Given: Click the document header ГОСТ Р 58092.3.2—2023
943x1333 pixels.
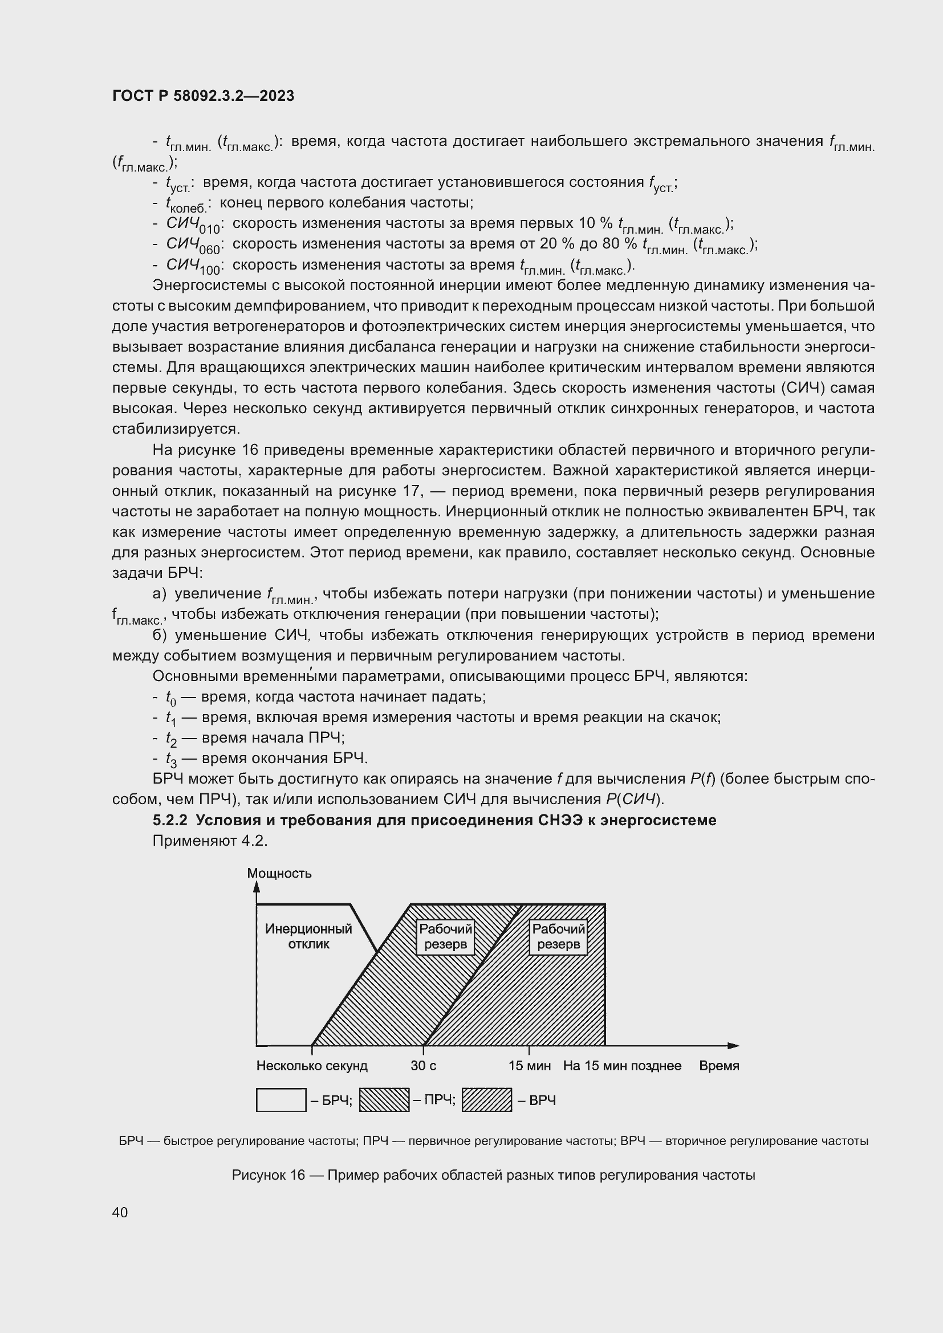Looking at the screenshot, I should coord(203,96).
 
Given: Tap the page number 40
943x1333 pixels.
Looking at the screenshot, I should coord(120,1212).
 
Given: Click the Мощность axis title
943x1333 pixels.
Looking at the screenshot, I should coord(279,873).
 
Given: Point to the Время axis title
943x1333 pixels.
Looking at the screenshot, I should coord(719,1066).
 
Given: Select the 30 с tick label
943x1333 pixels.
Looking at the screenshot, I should coord(423,1066).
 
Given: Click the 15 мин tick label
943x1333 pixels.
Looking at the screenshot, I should coord(530,1066).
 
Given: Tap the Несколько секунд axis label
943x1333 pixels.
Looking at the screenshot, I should coord(312,1066).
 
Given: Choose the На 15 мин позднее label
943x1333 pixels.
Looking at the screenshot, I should coord(622,1066).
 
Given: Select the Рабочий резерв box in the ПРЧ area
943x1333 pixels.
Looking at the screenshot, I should coord(445,937).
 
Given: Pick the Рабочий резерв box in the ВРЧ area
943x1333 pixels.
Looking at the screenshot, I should coord(558,937).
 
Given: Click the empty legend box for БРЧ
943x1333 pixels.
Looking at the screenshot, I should coord(281,1100).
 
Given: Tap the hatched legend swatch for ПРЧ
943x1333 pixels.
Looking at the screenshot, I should coord(384,1100).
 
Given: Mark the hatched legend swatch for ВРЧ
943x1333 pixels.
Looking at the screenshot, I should coord(486,1100).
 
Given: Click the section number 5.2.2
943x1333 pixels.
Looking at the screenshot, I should coord(171,820).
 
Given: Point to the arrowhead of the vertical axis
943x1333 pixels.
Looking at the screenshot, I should coord(257,887).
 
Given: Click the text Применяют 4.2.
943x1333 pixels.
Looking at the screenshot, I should coord(210,841).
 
